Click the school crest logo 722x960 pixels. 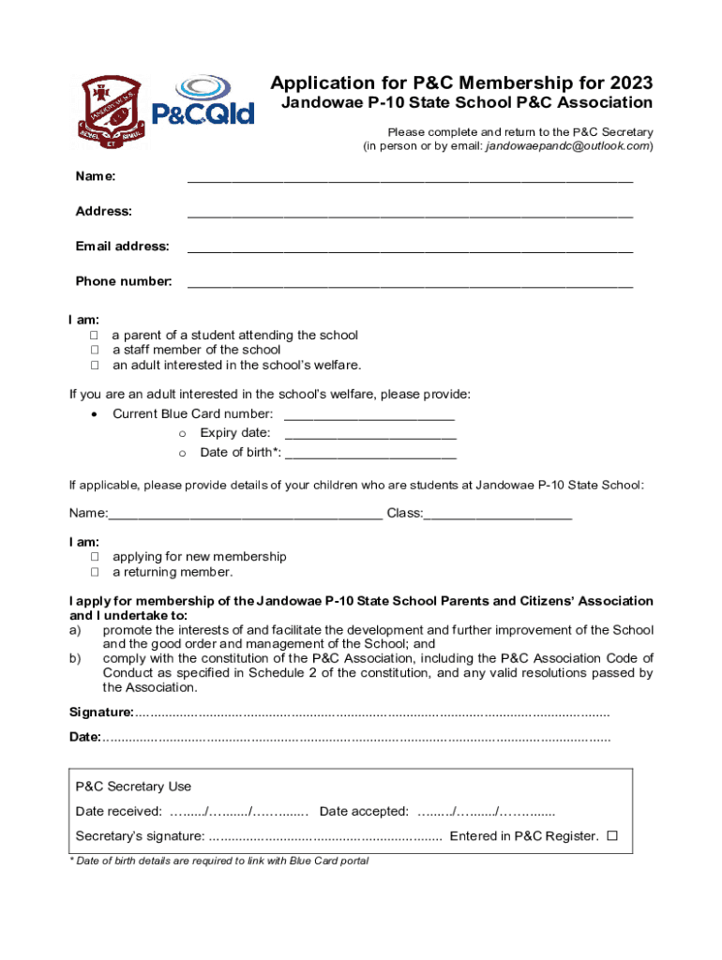point(110,109)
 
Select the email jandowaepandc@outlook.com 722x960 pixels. point(567,146)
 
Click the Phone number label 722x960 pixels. point(124,281)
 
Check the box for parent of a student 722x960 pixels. point(95,336)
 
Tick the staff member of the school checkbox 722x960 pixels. point(95,351)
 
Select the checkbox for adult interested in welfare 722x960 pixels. point(95,366)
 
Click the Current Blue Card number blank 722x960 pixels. point(369,417)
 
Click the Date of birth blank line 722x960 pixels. point(369,457)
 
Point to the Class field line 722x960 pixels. point(498,517)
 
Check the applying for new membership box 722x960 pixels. point(95,557)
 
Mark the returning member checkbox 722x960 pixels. point(95,572)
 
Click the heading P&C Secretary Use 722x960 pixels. point(133,787)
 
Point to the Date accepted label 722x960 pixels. point(364,811)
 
